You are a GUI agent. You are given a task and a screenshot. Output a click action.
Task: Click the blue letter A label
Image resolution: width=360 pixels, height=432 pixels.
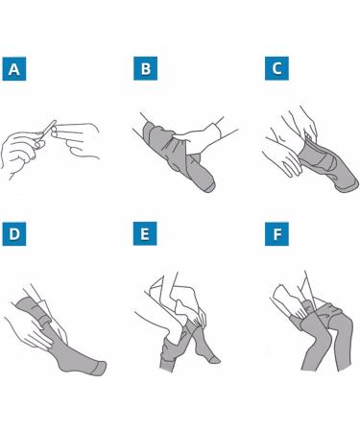14,69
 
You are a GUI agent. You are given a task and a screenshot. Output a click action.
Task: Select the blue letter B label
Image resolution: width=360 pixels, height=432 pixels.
145,68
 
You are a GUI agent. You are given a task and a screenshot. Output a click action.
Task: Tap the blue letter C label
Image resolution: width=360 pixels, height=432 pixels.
276,68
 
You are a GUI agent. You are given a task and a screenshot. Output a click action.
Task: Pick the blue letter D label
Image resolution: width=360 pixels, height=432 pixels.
14,234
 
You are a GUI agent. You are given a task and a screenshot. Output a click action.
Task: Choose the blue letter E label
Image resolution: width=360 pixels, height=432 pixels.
145,233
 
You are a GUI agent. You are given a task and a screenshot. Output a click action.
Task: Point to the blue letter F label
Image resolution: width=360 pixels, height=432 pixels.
276,234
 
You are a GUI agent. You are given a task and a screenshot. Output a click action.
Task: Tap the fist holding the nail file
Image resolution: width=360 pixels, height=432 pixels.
19,151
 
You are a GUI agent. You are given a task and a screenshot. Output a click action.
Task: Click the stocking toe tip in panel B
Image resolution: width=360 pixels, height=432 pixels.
209,187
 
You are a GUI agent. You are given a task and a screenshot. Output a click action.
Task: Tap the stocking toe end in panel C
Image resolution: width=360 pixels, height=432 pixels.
348,185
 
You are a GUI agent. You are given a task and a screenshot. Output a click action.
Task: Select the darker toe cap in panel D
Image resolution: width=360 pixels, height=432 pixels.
100,368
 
